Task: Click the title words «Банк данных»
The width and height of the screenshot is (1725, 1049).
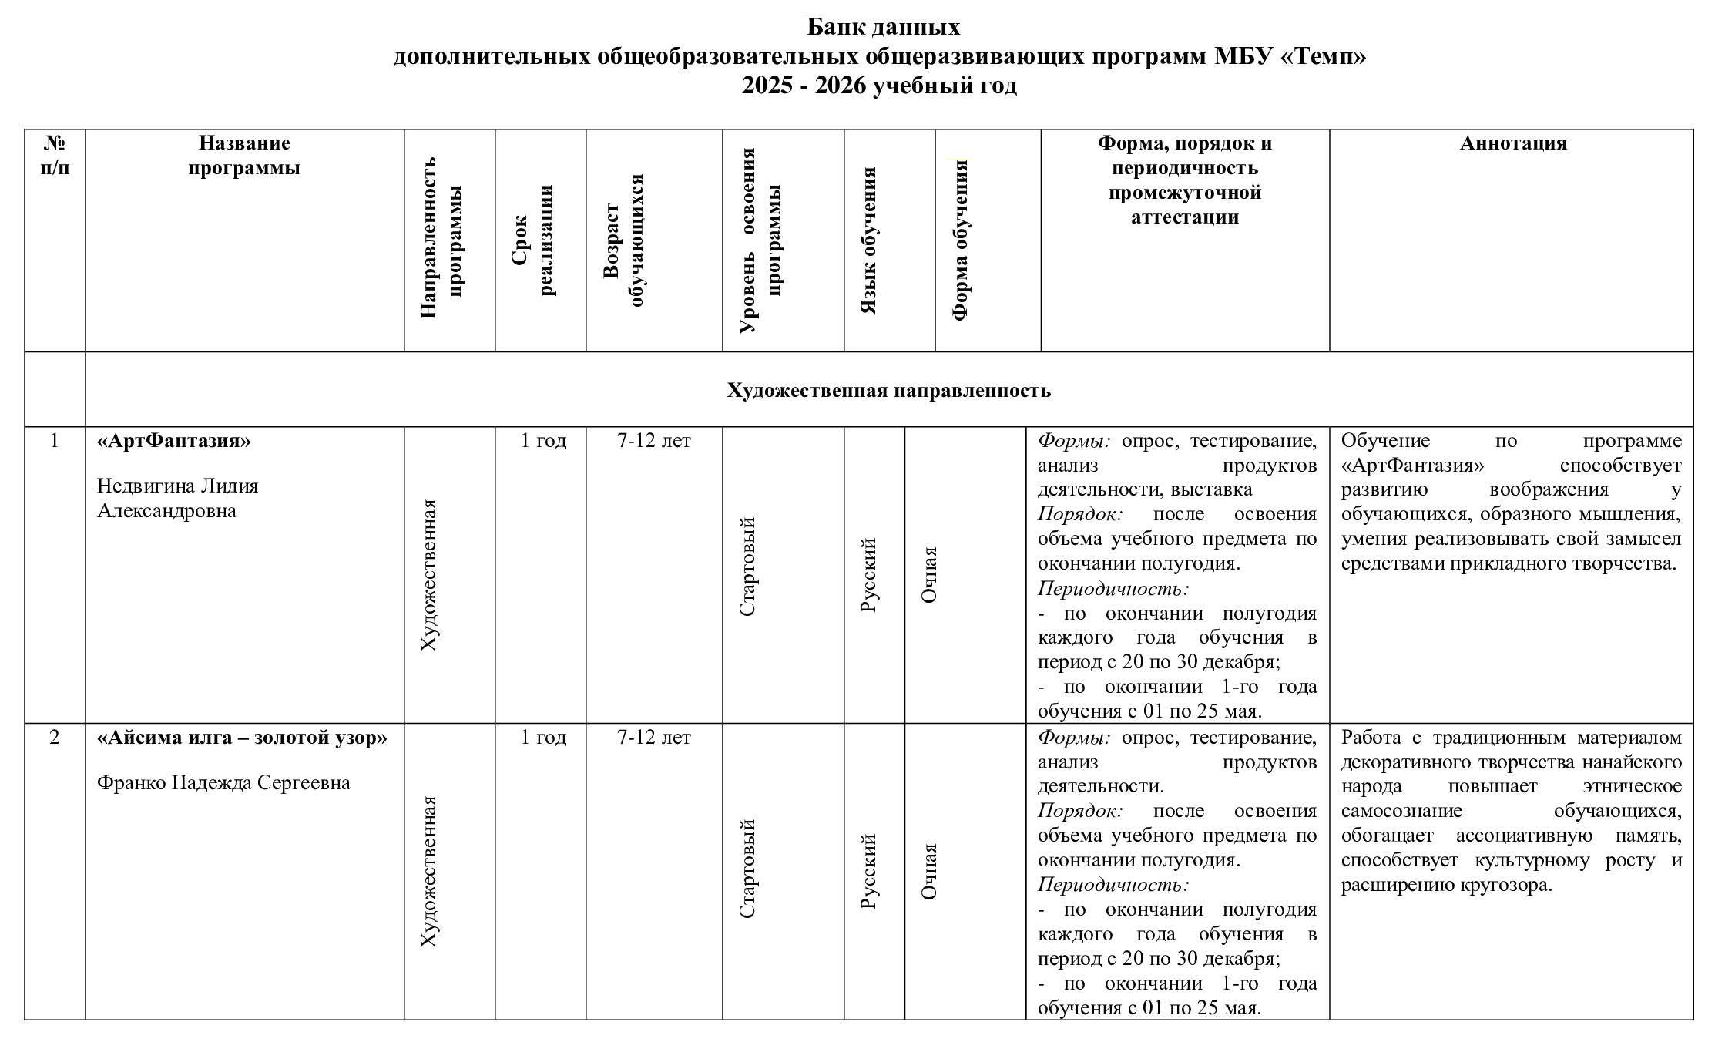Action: [x=883, y=27]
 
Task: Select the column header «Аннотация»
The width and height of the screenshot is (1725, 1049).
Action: [x=1512, y=143]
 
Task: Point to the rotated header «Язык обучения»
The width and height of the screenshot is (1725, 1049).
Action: [x=868, y=240]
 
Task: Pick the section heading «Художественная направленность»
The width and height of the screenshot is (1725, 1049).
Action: [x=888, y=390]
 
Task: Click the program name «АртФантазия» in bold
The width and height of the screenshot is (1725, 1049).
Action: [x=174, y=441]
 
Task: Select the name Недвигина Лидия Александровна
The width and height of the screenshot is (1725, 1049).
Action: [x=177, y=498]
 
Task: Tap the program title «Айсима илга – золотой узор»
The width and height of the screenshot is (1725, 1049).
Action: [x=242, y=738]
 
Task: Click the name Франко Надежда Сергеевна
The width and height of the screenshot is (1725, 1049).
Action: [x=223, y=782]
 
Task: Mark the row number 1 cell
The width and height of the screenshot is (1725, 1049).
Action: [x=54, y=441]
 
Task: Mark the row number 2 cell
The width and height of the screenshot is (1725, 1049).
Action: [x=54, y=738]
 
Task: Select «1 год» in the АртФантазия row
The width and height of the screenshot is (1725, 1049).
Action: [x=543, y=441]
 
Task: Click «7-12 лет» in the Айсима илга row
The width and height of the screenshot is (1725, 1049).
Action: [x=654, y=738]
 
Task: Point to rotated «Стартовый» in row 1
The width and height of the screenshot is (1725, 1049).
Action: [x=747, y=567]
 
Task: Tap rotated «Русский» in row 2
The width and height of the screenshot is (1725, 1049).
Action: [x=868, y=872]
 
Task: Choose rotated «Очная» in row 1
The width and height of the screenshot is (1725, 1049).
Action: [x=929, y=575]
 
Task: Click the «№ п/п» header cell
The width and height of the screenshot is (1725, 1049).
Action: [x=55, y=155]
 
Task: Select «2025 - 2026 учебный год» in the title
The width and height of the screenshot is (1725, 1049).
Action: [x=879, y=86]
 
